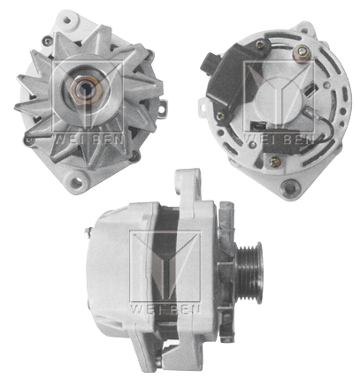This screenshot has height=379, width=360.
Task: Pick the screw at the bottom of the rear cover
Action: pos(275,161)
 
